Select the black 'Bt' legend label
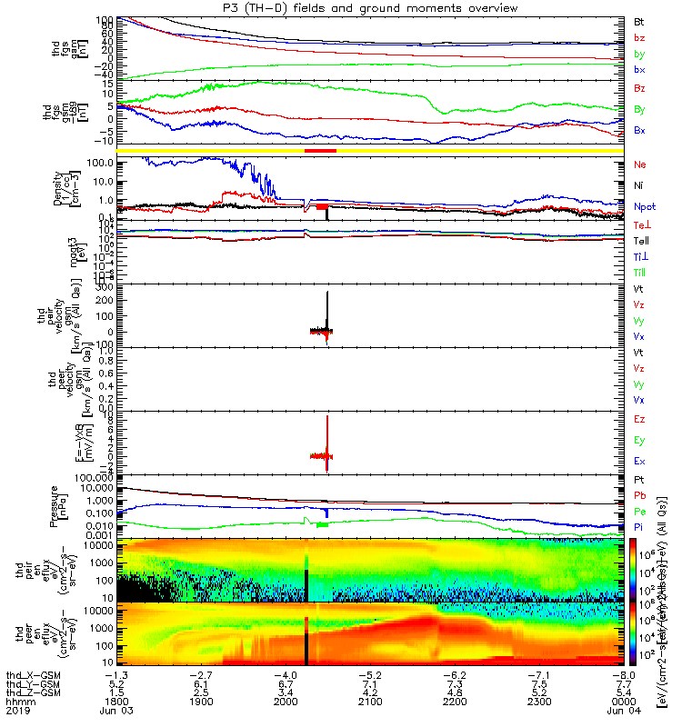(x=639, y=20)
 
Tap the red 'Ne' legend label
(x=639, y=165)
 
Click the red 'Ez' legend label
(x=639, y=420)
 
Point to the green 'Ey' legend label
(x=639, y=440)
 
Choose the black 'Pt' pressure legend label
(x=639, y=479)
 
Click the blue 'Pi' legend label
(x=639, y=526)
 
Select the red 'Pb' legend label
(x=639, y=495)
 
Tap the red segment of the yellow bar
(x=321, y=150)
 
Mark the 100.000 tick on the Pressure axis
(x=101, y=477)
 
